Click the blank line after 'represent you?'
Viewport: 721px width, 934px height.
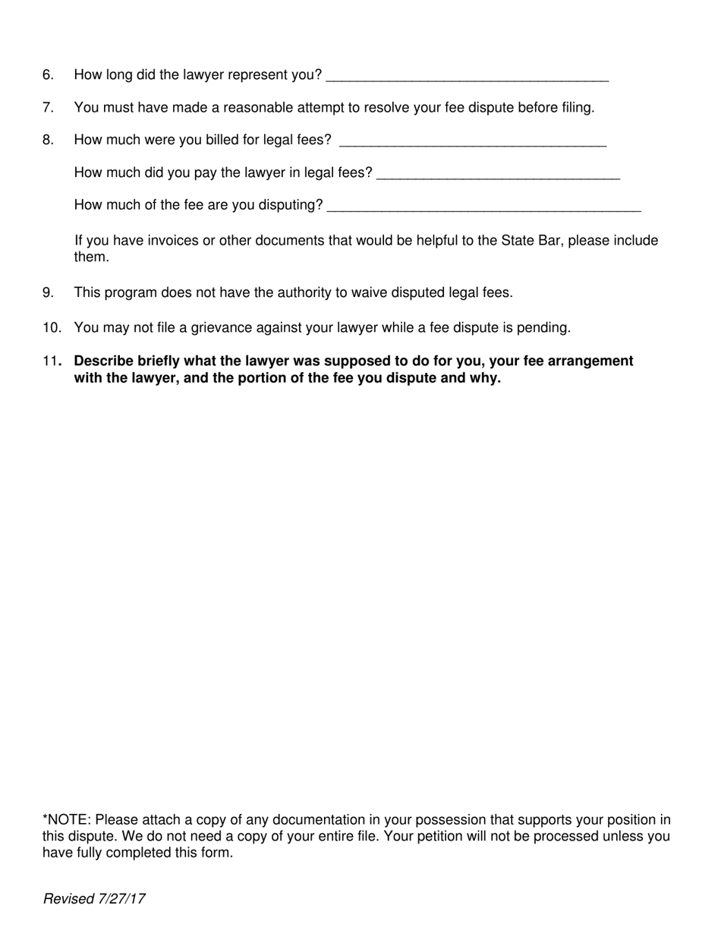(467, 76)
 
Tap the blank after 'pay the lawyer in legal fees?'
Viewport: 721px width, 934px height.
(498, 174)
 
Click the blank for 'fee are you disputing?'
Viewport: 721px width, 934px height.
(483, 207)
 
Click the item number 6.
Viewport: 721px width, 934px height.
(49, 75)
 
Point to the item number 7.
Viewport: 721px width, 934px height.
(49, 108)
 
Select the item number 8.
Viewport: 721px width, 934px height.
(49, 140)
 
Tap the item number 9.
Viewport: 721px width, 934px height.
(49, 292)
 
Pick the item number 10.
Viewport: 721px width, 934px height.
(52, 328)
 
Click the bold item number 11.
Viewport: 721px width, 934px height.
(52, 361)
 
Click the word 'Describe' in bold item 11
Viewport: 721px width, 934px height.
(103, 361)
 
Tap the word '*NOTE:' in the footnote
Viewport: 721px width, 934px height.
(67, 820)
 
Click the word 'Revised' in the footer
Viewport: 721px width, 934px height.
(69, 900)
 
